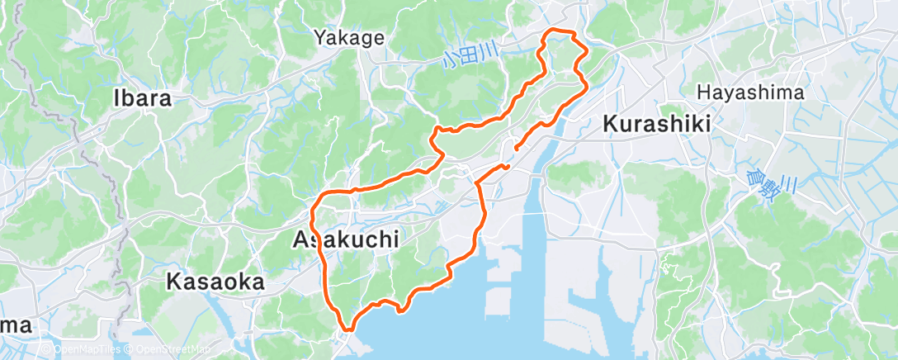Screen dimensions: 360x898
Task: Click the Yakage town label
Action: coord(349,37)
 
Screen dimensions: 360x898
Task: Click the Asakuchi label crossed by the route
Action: coord(346,239)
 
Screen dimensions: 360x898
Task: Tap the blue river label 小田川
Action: coord(469,57)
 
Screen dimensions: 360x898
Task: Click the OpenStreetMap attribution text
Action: coord(173,351)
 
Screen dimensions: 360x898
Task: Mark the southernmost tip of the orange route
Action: coord(350,329)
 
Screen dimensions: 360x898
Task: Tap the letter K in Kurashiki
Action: coord(611,124)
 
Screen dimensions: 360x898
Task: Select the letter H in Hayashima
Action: coord(703,92)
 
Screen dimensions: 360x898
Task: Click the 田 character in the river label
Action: coord(468,57)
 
